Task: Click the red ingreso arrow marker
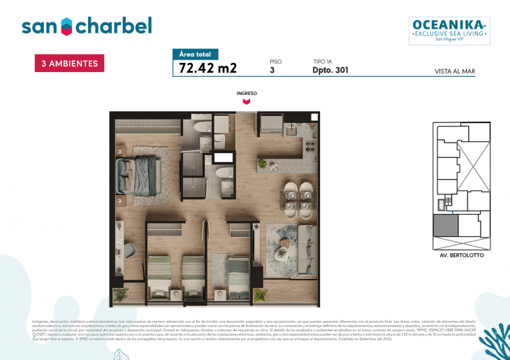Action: tap(247, 101)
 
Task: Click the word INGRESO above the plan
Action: tap(247, 93)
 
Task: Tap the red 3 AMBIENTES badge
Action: tap(69, 64)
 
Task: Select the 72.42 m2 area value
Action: tap(208, 69)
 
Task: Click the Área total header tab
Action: tap(196, 54)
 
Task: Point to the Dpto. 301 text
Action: tap(330, 70)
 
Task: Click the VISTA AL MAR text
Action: tap(454, 71)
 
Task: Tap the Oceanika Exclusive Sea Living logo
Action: tap(449, 30)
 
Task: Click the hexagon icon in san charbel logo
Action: tap(66, 27)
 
